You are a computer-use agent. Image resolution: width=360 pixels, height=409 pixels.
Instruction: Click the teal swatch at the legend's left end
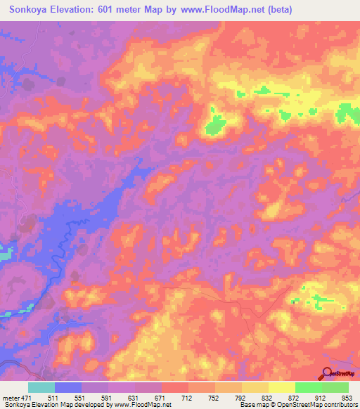[41, 387]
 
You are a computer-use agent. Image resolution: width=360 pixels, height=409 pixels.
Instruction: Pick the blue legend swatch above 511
[68, 387]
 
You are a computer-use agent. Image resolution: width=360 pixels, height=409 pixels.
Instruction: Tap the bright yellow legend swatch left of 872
[281, 387]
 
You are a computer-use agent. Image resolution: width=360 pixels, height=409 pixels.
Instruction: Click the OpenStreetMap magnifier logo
[328, 374]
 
